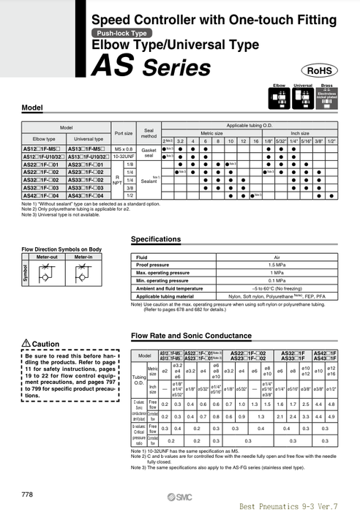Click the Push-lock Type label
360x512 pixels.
(121, 34)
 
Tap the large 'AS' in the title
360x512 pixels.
(111, 67)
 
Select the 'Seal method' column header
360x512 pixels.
(149, 133)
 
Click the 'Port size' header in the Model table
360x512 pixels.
(124, 133)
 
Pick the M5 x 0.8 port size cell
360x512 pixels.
(124, 148)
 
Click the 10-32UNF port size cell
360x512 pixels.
(124, 157)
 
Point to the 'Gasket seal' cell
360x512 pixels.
(149, 152)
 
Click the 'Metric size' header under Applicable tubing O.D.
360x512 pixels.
(211, 133)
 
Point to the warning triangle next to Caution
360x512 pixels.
(26, 344)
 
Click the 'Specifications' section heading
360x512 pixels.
(155, 239)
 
